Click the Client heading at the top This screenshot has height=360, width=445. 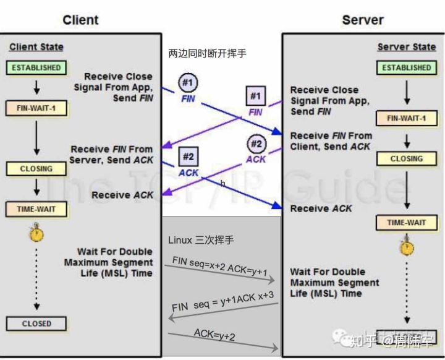click(x=80, y=20)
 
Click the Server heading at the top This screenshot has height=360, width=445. click(x=363, y=20)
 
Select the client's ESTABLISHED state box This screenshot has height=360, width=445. click(x=35, y=67)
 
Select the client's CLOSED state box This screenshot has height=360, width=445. click(x=36, y=323)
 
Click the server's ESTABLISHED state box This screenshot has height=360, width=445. click(x=405, y=67)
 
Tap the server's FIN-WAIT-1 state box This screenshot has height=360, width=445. click(x=405, y=118)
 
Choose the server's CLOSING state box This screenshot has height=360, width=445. click(x=405, y=158)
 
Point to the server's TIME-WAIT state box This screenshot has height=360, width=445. click(x=405, y=223)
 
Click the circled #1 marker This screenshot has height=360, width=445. click(x=189, y=82)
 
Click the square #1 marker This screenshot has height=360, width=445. click(x=255, y=96)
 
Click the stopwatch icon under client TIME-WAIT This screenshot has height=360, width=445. click(x=36, y=234)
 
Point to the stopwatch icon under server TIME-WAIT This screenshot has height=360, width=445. click(x=406, y=247)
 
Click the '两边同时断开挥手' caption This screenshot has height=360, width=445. click(x=207, y=54)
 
